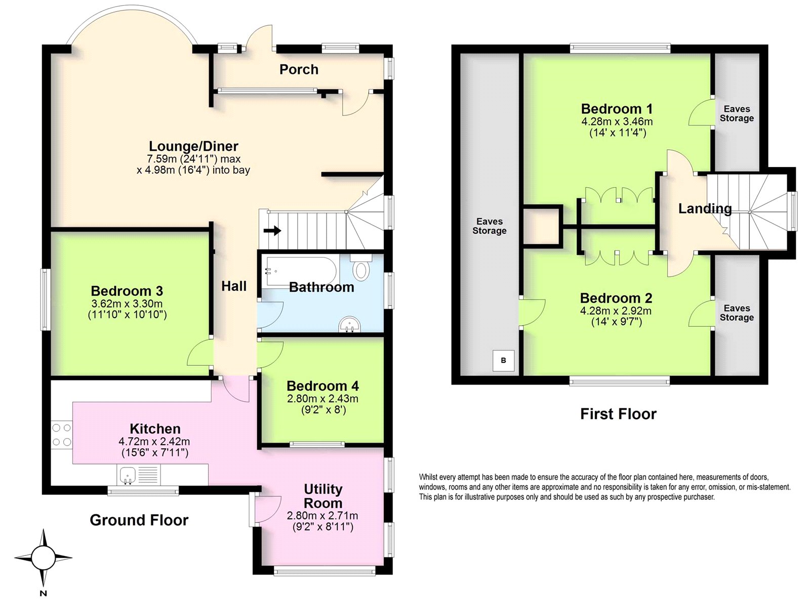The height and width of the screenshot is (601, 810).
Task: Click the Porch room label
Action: [x=299, y=69]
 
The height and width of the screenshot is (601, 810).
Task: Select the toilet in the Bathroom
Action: [x=360, y=268]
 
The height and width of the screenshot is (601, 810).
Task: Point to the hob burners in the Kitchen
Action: [x=62, y=435]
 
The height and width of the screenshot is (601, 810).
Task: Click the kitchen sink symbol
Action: [x=127, y=475]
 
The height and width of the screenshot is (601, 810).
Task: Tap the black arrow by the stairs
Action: [x=272, y=231]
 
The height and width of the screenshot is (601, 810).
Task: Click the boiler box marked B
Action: [x=503, y=360]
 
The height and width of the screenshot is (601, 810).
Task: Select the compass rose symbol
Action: [x=43, y=558]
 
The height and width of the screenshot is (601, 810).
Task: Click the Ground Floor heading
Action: [x=139, y=520]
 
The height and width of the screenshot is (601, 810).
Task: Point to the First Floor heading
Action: [x=618, y=414]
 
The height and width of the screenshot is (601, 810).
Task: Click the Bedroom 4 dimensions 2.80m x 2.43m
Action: [x=322, y=399]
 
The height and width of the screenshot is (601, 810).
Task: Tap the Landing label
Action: [x=705, y=208]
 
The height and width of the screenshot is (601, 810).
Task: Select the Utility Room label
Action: [x=323, y=496]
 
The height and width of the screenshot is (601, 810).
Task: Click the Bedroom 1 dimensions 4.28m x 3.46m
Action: [x=617, y=121]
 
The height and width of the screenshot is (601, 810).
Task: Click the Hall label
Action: [x=234, y=286]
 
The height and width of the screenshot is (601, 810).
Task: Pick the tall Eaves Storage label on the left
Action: [x=489, y=226]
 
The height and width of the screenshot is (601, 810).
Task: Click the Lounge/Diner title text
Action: [x=193, y=146]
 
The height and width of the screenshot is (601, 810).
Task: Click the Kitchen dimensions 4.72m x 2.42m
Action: [x=154, y=442]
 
